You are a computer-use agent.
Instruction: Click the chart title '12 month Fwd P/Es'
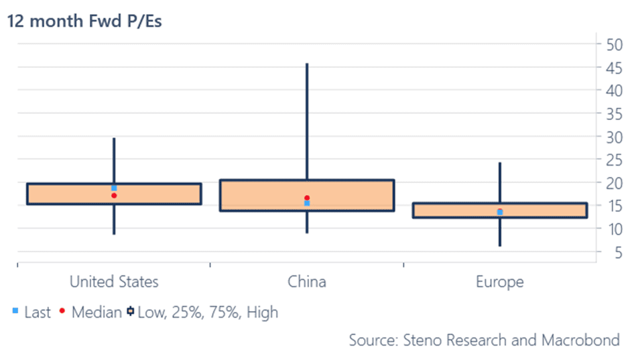pyautogui.click(x=85, y=21)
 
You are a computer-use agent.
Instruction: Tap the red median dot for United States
pyautogui.click(x=114, y=196)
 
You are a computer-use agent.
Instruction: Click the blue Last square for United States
pyautogui.click(x=114, y=188)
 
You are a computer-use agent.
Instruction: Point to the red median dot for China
pyautogui.click(x=307, y=198)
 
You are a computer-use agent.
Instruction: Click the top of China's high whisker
pyautogui.click(x=307, y=64)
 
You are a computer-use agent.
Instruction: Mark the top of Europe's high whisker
pyautogui.click(x=499, y=163)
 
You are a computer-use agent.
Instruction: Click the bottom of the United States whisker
pyautogui.click(x=114, y=233)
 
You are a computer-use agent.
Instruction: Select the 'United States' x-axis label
pyautogui.click(x=114, y=281)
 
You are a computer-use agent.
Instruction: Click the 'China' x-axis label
pyautogui.click(x=307, y=281)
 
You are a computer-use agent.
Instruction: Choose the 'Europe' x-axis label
pyautogui.click(x=499, y=281)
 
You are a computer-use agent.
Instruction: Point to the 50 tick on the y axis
pyautogui.click(x=612, y=44)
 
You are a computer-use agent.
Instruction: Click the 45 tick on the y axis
pyautogui.click(x=612, y=67)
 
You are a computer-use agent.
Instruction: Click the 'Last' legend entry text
pyautogui.click(x=38, y=312)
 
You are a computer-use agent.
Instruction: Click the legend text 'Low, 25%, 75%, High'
pyautogui.click(x=208, y=312)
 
